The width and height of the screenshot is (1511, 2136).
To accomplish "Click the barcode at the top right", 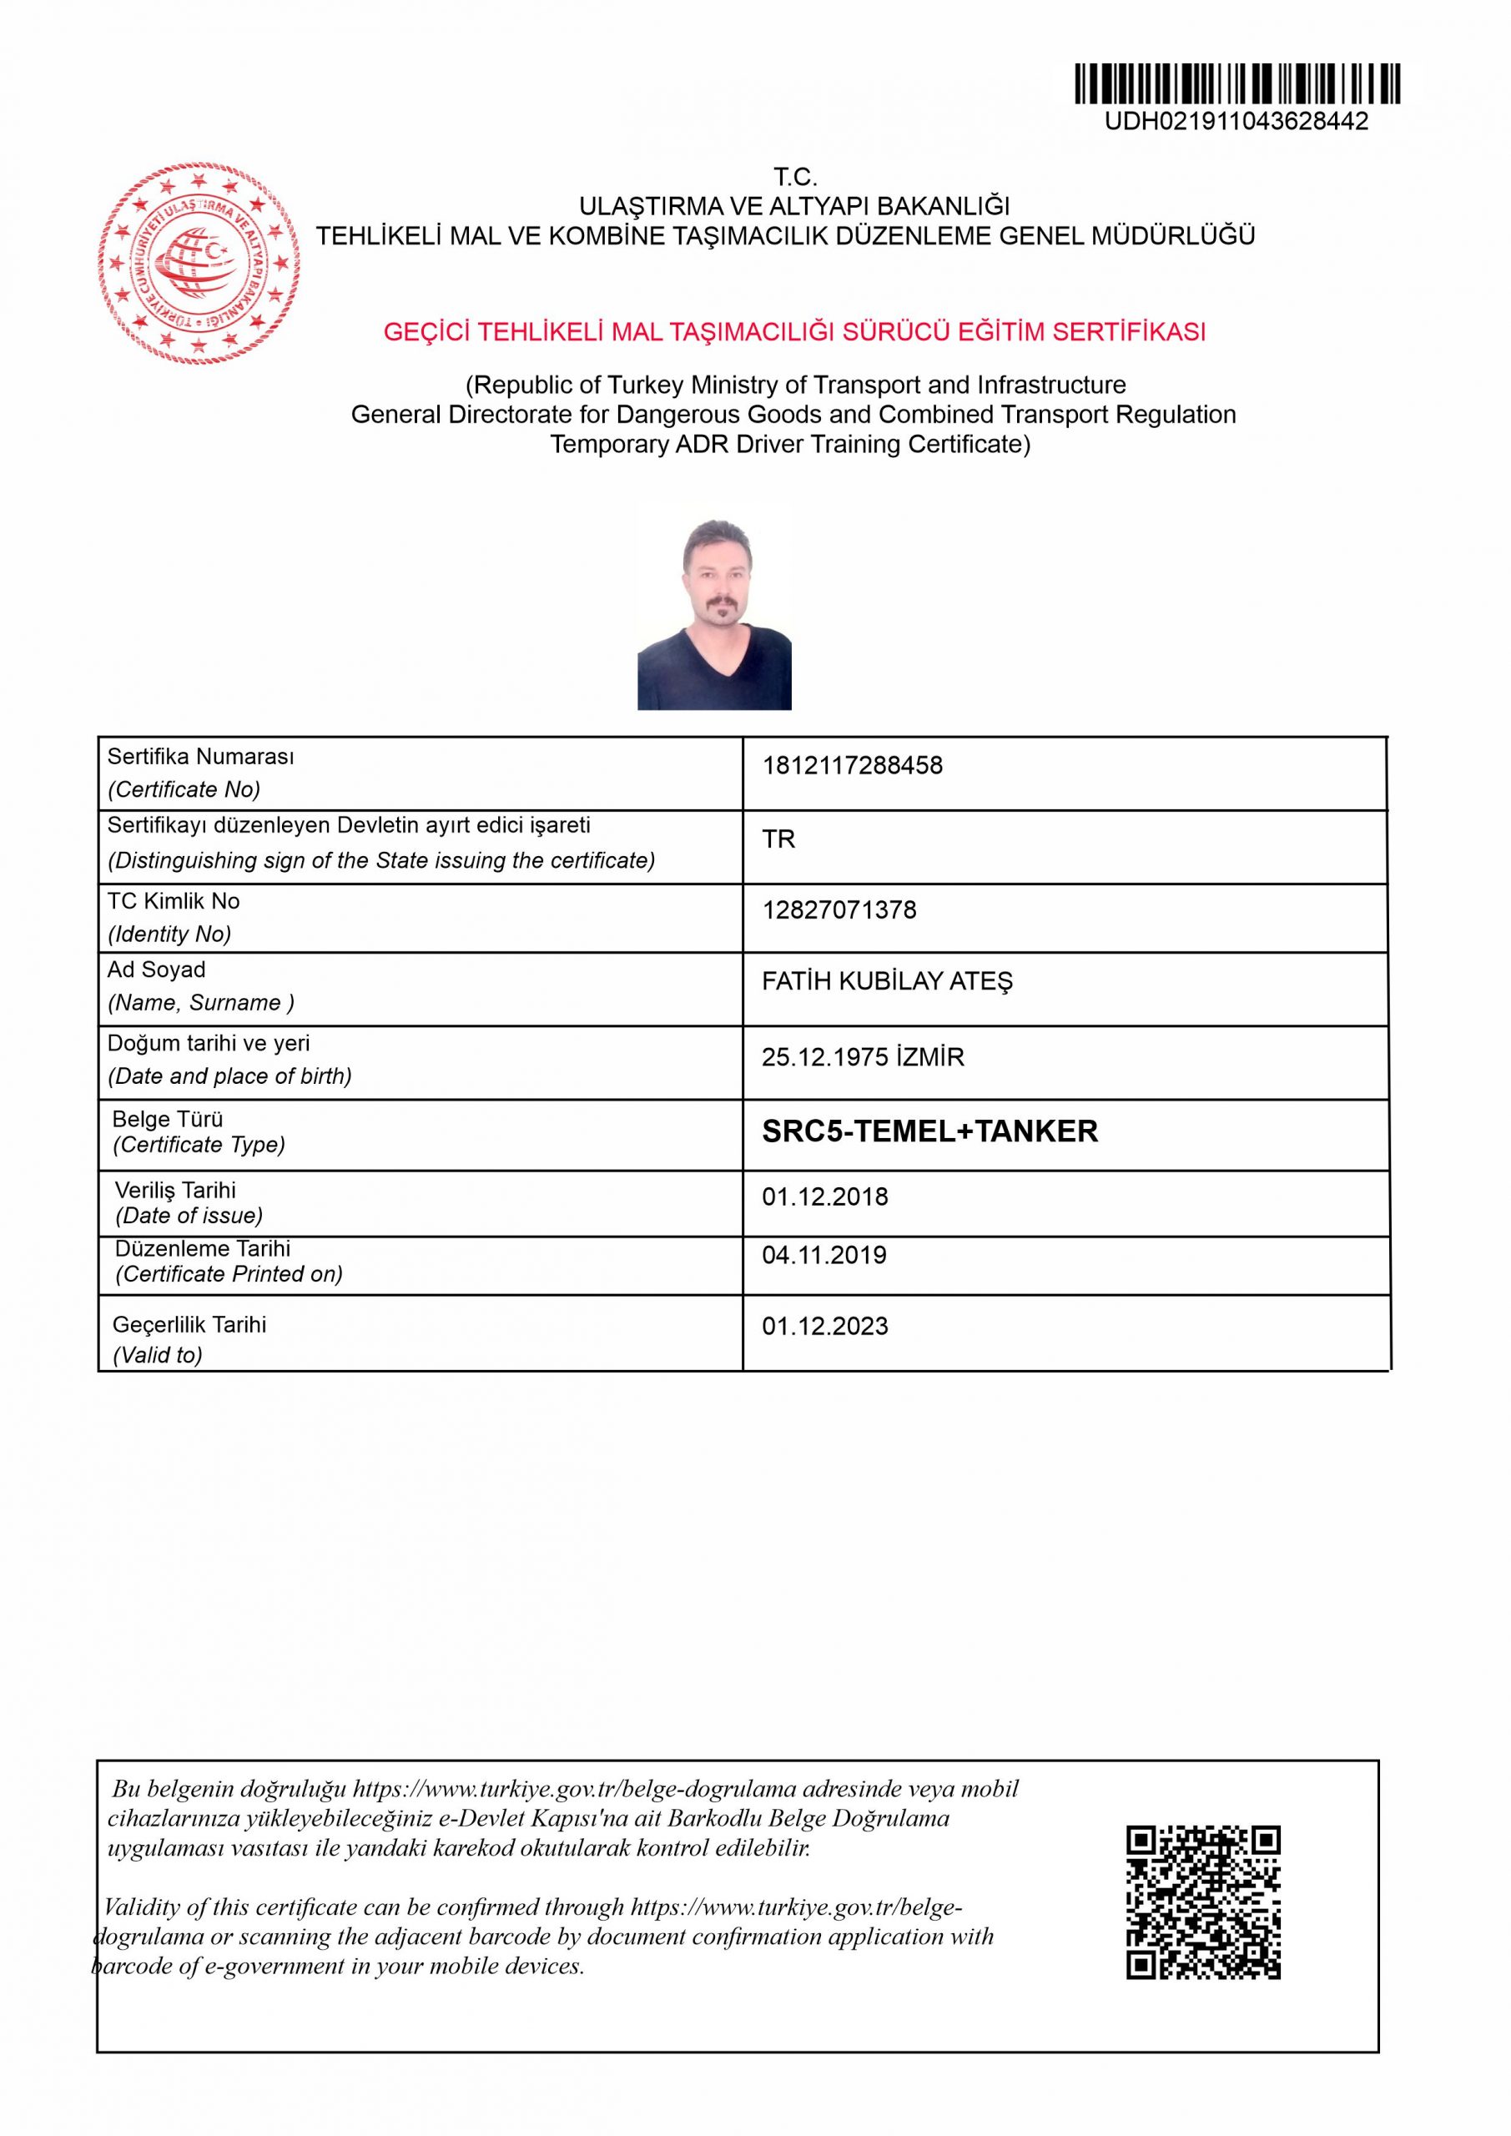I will pos(1237,83).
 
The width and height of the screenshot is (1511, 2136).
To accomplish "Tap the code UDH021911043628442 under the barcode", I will pos(1237,122).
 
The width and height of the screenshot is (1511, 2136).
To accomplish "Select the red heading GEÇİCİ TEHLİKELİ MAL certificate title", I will pos(794,332).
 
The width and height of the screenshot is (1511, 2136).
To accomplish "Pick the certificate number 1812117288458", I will pos(852,766).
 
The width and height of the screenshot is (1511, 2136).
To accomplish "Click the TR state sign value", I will pos(778,839).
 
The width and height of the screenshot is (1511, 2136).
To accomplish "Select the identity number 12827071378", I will pos(839,909).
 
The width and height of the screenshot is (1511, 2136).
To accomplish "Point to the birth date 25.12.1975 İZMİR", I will pos(863,1057).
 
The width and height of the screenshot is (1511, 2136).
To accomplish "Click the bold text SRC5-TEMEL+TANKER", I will pos(929,1131).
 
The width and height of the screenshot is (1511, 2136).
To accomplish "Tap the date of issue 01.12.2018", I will pos(825,1196).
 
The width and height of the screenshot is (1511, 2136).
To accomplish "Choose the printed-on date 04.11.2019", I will pos(825,1255).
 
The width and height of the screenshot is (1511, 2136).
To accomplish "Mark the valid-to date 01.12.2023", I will pos(825,1326).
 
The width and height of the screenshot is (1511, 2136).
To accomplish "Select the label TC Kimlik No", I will pos(174,900).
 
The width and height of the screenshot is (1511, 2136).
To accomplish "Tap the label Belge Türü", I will pos(168,1119).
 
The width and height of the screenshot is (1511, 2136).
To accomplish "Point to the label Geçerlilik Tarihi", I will pos(189,1324).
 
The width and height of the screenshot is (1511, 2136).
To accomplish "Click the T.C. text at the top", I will pos(794,177).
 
